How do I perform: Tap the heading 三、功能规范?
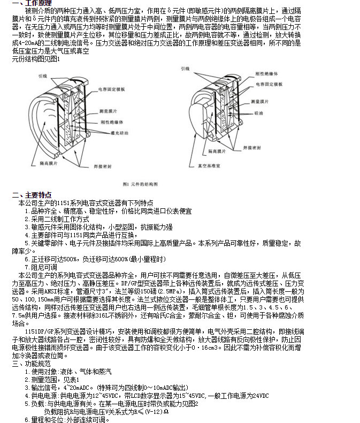point(29,364)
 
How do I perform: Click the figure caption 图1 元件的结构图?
point(140,184)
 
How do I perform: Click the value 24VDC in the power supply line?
point(257,396)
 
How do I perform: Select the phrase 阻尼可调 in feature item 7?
point(44,267)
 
